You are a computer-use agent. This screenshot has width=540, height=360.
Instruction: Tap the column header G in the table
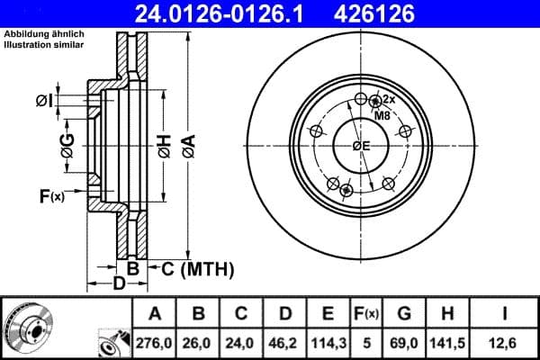(x=404, y=314)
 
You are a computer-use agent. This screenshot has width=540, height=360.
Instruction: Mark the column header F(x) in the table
(x=365, y=314)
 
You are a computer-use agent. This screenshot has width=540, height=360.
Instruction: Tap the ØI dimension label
(x=45, y=100)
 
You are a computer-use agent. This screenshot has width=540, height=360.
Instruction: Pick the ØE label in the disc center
(x=361, y=146)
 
